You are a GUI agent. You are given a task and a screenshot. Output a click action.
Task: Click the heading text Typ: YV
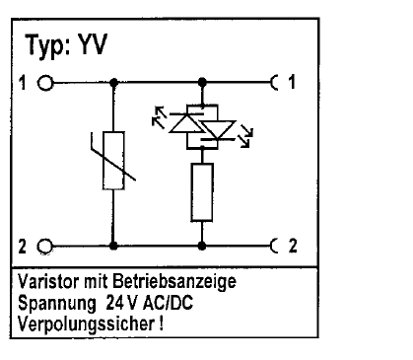[x=66, y=45]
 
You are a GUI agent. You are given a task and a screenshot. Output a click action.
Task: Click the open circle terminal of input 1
[x=45, y=83]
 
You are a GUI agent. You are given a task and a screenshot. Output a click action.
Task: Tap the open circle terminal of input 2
[x=45, y=247]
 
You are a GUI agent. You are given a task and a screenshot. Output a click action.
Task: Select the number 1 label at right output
[x=292, y=82]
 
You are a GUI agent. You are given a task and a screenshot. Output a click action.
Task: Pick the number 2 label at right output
[x=293, y=246]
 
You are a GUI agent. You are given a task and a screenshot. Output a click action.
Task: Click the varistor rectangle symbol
[x=113, y=161]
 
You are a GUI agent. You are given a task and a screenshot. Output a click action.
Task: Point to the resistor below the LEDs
[x=202, y=192]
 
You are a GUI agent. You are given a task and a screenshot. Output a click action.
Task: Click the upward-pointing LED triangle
[x=185, y=122]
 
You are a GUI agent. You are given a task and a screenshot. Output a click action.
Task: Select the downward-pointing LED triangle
[x=218, y=130]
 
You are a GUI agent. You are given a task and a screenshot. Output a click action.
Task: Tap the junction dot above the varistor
[x=113, y=82]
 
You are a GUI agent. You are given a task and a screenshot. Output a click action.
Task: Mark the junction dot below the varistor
[x=113, y=246]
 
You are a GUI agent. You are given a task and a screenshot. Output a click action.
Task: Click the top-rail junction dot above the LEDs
[x=202, y=82]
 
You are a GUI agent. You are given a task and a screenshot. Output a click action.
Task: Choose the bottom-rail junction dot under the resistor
[x=202, y=246]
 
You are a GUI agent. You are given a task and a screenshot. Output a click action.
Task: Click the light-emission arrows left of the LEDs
[x=160, y=116]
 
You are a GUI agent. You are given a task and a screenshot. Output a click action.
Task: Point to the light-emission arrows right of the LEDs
[x=246, y=136]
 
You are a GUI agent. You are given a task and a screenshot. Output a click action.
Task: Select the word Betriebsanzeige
[x=174, y=282]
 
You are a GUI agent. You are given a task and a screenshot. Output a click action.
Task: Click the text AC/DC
[x=168, y=303]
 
